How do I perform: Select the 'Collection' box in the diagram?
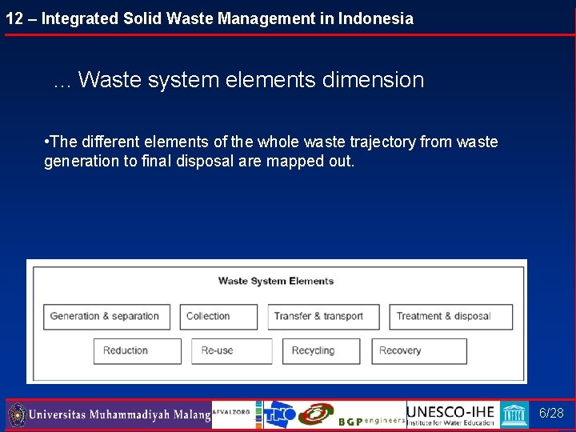218,317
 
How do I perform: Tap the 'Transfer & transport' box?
325,317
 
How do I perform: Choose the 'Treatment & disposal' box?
450,317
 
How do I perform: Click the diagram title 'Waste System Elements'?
276,281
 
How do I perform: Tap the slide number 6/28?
551,414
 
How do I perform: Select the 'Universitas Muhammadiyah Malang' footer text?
119,415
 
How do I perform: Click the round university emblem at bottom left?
17,415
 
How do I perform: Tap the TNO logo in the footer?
280,414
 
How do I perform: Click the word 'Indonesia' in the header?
375,18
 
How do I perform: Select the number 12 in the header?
14,18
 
